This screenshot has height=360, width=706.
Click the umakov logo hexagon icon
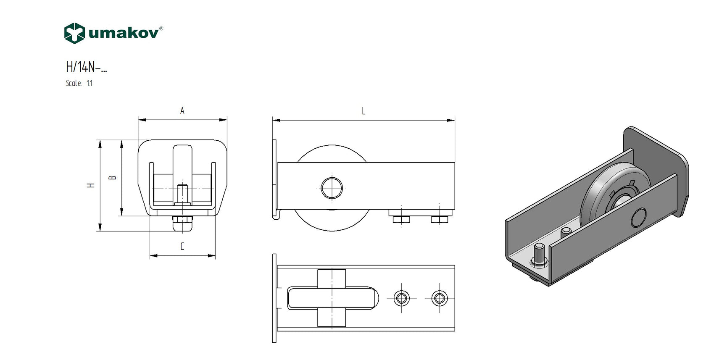click(74, 33)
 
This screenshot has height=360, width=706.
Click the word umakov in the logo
click(124, 33)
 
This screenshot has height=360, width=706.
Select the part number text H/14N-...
click(86, 67)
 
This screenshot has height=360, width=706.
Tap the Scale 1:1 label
click(79, 83)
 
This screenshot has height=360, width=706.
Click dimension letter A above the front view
click(182, 111)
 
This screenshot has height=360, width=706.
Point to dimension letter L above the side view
click(364, 111)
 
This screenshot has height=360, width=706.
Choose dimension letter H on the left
click(91, 185)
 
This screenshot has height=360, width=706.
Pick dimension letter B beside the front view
click(113, 178)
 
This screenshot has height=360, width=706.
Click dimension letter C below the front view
click(182, 247)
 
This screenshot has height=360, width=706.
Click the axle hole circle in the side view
click(332, 188)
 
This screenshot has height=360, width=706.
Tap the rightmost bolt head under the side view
click(439, 219)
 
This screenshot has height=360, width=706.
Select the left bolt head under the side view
click(401, 219)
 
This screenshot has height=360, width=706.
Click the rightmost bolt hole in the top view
click(440, 298)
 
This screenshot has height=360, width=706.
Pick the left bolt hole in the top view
click(402, 298)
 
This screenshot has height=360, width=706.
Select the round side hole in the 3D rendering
click(639, 217)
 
